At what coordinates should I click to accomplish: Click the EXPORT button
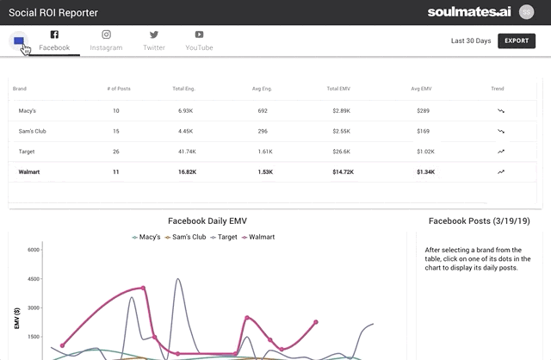[517, 40]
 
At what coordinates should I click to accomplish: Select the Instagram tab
[106, 40]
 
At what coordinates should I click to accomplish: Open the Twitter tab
[154, 40]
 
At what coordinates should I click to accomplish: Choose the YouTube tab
[199, 40]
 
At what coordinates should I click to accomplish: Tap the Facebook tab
[54, 40]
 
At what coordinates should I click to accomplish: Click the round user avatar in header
[527, 12]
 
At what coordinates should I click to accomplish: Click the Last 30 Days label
[470, 40]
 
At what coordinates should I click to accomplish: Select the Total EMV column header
[339, 88]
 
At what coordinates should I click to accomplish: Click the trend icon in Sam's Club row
[501, 132]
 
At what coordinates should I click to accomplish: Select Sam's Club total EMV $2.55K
[339, 132]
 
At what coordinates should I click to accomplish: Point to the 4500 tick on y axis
[34, 278]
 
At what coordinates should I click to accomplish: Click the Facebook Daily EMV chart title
[207, 220]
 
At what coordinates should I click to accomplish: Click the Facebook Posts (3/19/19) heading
[479, 220]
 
